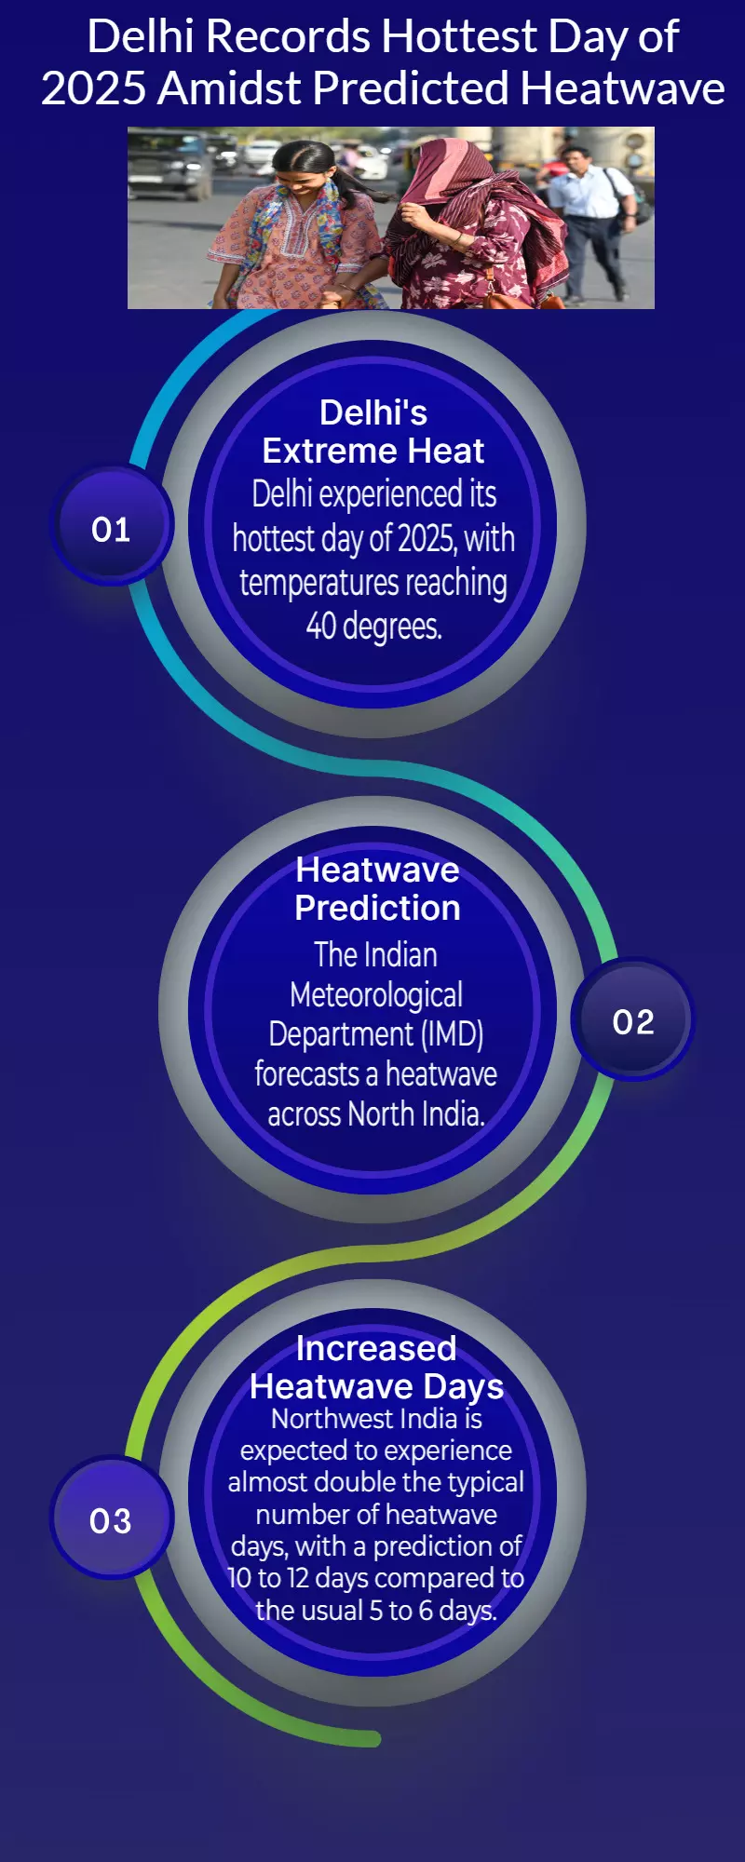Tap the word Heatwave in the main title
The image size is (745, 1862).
coord(622,89)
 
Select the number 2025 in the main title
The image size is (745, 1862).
coord(94,89)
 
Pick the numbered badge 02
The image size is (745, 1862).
coord(633,1020)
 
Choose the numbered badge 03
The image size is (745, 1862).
coord(111,1518)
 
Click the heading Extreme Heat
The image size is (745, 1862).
coord(373,451)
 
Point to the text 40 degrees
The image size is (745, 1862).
coord(374,626)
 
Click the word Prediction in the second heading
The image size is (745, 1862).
coord(377,908)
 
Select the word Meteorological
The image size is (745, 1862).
coord(376,995)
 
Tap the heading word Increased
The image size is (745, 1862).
coord(376,1348)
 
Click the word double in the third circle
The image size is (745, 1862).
coord(404,1481)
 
